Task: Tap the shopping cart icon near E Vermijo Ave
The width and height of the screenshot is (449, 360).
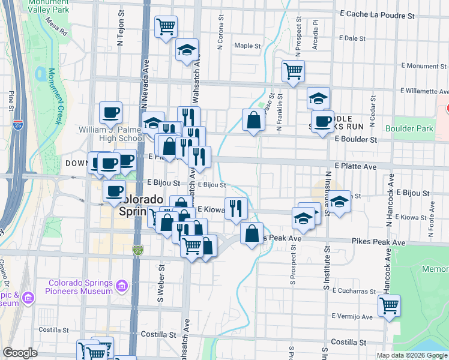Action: pos(390,306)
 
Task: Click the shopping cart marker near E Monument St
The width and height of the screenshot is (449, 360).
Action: pos(294,71)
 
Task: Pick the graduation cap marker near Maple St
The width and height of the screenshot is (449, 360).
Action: pos(187,50)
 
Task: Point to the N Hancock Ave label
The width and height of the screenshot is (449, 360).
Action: pos(391,193)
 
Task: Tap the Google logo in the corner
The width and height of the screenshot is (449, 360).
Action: pos(20,353)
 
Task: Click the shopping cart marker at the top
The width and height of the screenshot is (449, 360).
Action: pos(166,27)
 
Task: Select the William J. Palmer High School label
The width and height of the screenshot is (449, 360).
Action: pos(110,134)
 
